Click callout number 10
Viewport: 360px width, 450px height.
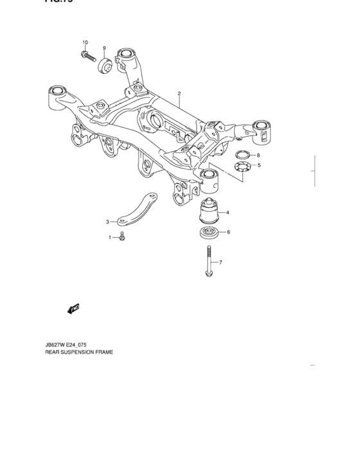(x=85, y=43)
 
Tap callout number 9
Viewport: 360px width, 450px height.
(x=104, y=48)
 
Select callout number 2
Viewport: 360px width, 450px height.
(x=179, y=93)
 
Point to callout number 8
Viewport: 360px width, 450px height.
(x=258, y=156)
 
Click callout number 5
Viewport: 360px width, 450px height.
(x=259, y=166)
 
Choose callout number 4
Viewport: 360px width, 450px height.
(x=227, y=213)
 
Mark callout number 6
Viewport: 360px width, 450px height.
(x=228, y=232)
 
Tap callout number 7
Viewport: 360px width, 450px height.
(x=220, y=262)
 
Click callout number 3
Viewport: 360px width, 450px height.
(x=108, y=222)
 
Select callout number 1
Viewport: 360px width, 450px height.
(x=110, y=238)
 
